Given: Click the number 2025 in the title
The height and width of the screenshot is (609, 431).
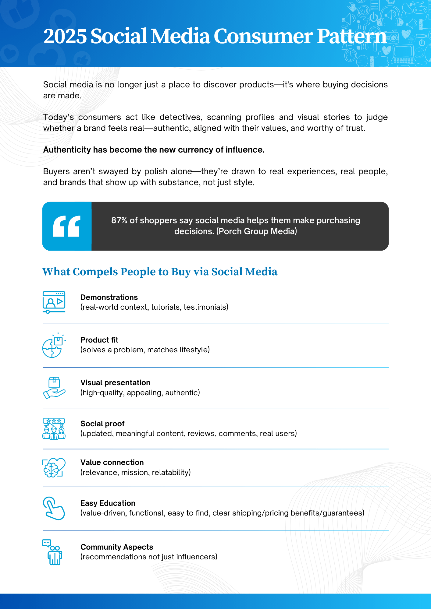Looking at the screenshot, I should (65, 36).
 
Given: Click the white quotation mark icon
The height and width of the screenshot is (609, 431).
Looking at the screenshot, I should (67, 226).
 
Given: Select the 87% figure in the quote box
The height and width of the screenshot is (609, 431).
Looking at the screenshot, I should (119, 220).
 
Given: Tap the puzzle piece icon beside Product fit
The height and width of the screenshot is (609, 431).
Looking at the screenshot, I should (54, 345).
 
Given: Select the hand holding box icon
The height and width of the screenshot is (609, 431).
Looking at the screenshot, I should (54, 388).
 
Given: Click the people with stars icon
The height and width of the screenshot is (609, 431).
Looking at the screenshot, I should (54, 429).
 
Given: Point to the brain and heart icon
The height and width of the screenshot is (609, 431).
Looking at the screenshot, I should (54, 467).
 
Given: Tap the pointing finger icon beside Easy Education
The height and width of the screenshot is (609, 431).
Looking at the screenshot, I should (54, 508).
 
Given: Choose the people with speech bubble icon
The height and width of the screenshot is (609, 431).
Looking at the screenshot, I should (53, 552).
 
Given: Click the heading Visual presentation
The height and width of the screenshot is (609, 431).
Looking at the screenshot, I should (115, 383).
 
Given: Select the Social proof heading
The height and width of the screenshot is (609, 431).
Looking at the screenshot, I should (102, 424).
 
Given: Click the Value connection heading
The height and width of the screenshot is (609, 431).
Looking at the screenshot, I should (112, 463).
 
